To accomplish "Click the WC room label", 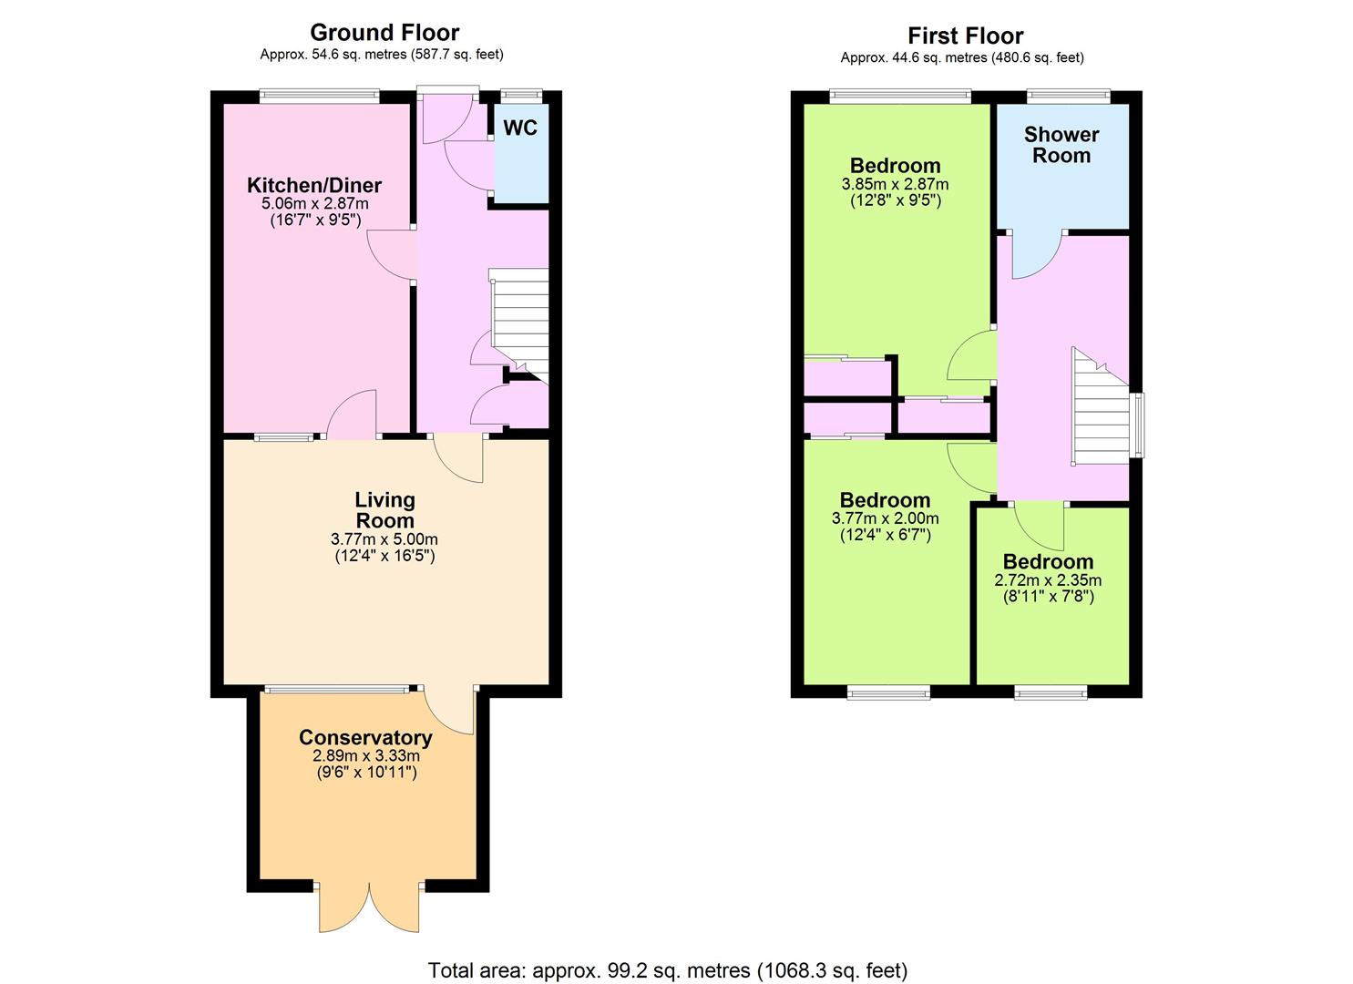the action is click(x=520, y=128).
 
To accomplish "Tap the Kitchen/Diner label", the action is click(x=314, y=186).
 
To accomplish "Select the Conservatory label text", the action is click(x=366, y=738).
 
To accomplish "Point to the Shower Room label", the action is click(x=1061, y=145).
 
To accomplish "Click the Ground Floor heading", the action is click(x=384, y=32).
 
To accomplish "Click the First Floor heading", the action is click(x=965, y=36).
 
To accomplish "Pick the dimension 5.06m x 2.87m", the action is click(x=314, y=203).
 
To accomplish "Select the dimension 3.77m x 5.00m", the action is click(x=384, y=538).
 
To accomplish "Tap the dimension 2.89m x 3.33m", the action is click(x=366, y=755).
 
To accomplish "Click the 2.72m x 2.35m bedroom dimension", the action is click(x=1048, y=580).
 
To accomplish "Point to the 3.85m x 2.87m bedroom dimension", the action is click(x=895, y=184).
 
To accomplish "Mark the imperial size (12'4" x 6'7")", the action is click(x=886, y=535).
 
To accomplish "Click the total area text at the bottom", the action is click(x=668, y=953).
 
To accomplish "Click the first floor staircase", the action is click(x=1101, y=406).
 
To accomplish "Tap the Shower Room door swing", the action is click(x=1037, y=255).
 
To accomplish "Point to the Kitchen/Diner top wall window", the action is click(x=320, y=95).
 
